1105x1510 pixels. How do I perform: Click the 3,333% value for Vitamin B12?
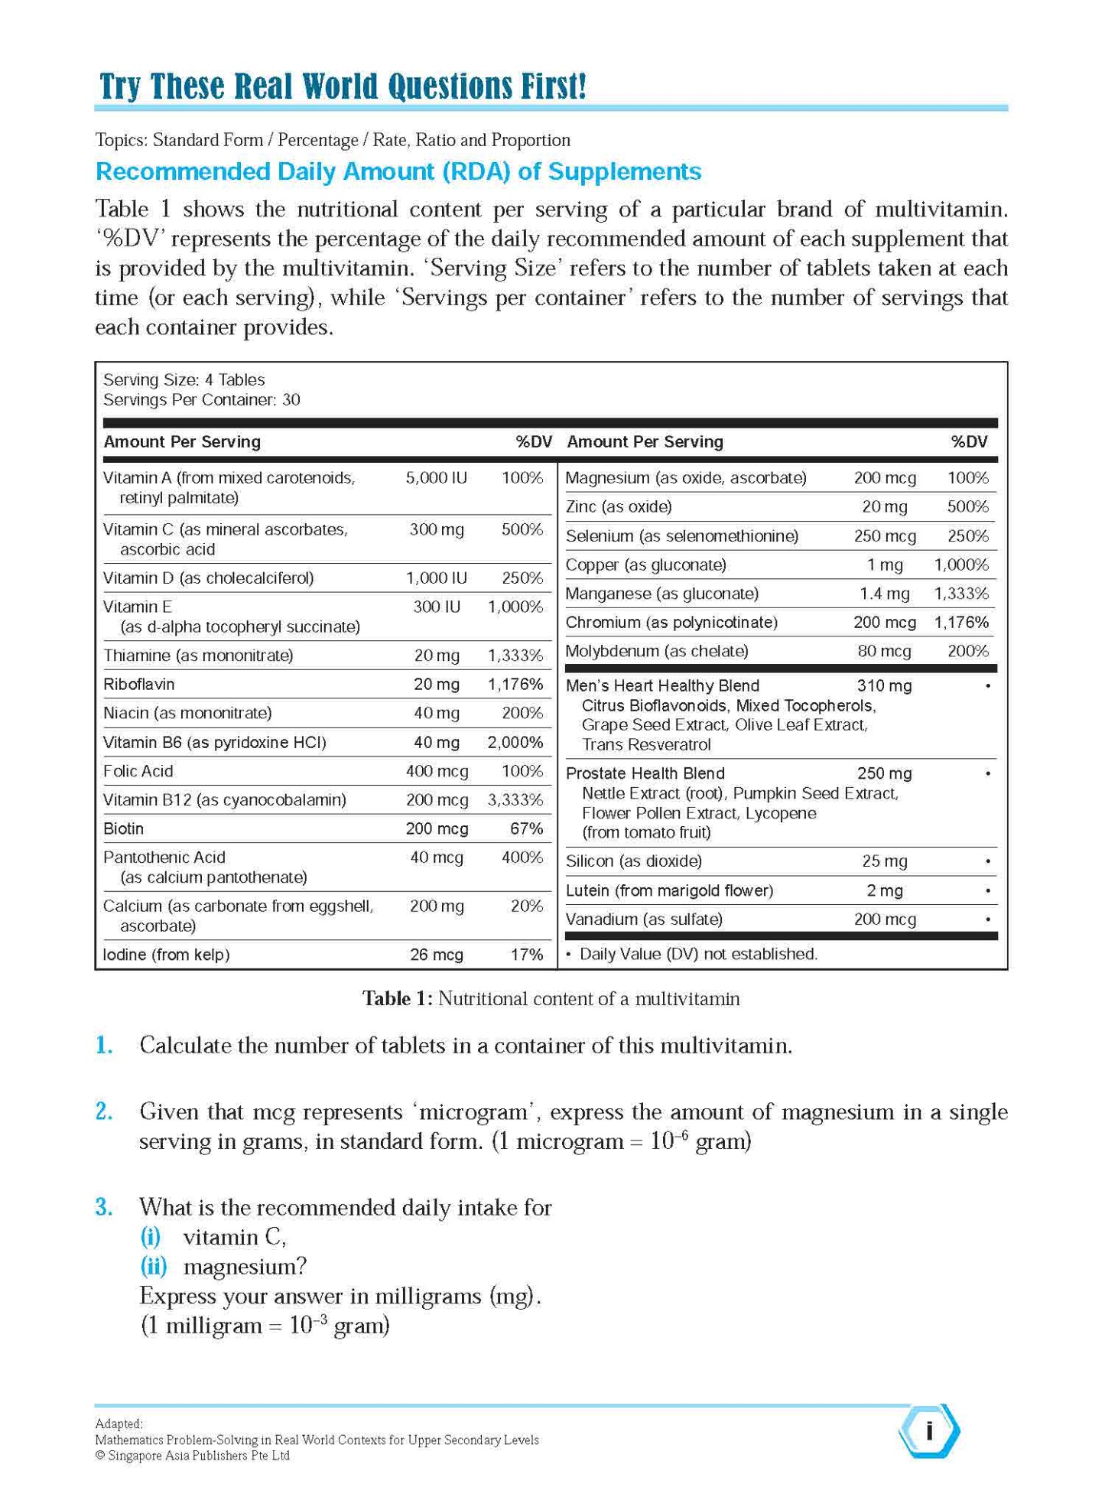(x=515, y=800)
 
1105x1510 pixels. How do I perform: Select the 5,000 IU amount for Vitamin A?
(x=436, y=478)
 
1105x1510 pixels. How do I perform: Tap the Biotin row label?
(x=123, y=828)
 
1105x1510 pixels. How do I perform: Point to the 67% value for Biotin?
(x=526, y=828)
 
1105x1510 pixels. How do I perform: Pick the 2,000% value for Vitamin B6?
(x=515, y=742)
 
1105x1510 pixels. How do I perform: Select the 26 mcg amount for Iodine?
(x=436, y=955)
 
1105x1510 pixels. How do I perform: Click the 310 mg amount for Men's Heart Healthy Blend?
(x=884, y=685)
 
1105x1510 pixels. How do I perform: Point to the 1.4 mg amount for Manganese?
(x=884, y=594)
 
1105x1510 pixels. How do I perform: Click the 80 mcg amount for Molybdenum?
(x=884, y=651)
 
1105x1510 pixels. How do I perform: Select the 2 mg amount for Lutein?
(x=884, y=890)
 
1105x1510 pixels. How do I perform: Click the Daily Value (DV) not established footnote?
(x=697, y=954)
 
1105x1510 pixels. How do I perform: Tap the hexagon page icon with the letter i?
(x=928, y=1430)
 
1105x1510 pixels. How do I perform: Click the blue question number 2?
(x=105, y=1111)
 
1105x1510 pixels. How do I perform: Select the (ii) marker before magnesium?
(x=153, y=1266)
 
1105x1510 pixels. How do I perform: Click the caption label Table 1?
(x=397, y=998)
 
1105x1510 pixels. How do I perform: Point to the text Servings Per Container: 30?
(x=201, y=400)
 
